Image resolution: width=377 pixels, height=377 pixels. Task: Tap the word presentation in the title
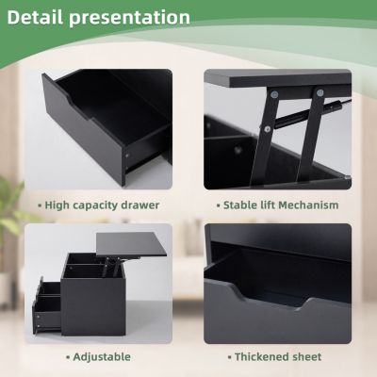(133, 18)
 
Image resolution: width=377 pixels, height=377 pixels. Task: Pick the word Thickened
(262, 357)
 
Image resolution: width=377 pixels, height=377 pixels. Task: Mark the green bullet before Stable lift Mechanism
(216, 204)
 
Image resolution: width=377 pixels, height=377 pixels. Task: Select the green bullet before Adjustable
(67, 357)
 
